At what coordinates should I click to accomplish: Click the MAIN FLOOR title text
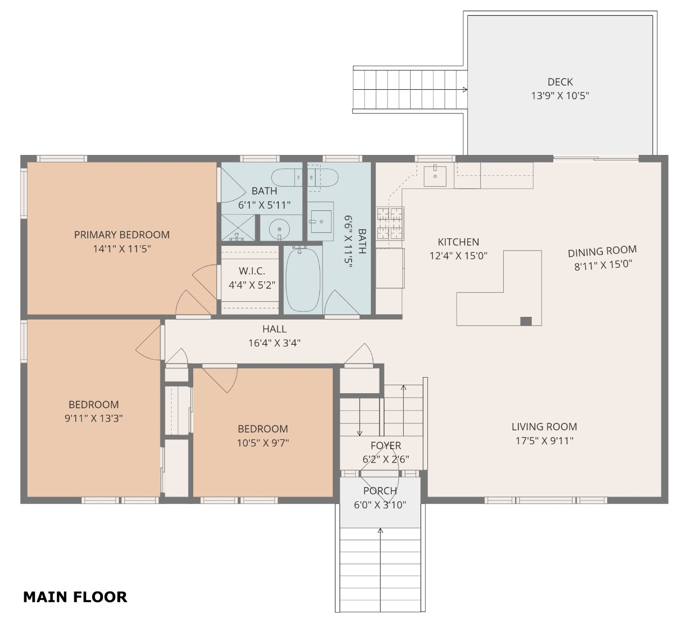tap(75, 597)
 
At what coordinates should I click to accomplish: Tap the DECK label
tap(560, 82)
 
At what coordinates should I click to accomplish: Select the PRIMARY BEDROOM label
tap(122, 235)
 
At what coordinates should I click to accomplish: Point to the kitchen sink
tap(435, 176)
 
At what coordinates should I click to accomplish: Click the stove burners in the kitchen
tap(390, 223)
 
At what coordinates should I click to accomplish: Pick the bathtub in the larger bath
tap(303, 279)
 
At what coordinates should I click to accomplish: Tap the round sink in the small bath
tap(279, 229)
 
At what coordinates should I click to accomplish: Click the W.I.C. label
tap(252, 271)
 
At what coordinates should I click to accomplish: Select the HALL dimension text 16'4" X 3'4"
tap(275, 343)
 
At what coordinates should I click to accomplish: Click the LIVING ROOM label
tap(544, 427)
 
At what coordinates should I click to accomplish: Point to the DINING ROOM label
tap(602, 251)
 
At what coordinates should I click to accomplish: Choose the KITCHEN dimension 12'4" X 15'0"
tap(459, 256)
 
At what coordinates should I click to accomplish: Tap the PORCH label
tap(380, 491)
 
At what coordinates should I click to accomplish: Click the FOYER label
tap(386, 445)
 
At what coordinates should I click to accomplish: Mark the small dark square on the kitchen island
tap(526, 321)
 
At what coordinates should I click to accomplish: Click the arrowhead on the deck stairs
tap(465, 90)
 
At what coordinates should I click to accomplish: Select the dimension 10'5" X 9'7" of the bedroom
tap(263, 443)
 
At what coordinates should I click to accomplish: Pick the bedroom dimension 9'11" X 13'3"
tap(94, 419)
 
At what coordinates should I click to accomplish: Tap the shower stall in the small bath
tap(238, 228)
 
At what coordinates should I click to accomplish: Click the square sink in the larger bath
tap(321, 222)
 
